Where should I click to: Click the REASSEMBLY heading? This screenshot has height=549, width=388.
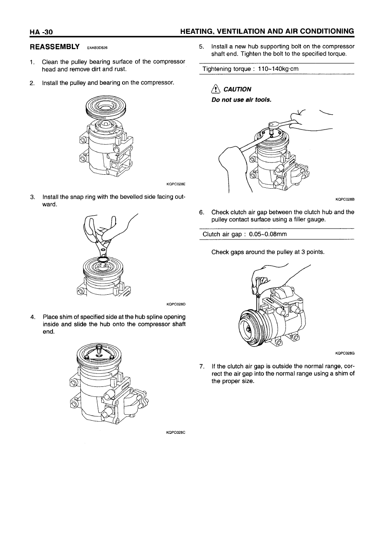[x=54, y=46]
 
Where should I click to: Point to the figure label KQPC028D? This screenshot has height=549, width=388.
[x=176, y=304]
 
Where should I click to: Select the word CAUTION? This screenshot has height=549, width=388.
[x=237, y=90]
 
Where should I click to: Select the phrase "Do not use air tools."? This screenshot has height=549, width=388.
[x=241, y=100]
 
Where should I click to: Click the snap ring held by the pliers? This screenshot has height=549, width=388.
[x=103, y=260]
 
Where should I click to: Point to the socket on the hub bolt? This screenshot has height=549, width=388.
[x=272, y=126]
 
